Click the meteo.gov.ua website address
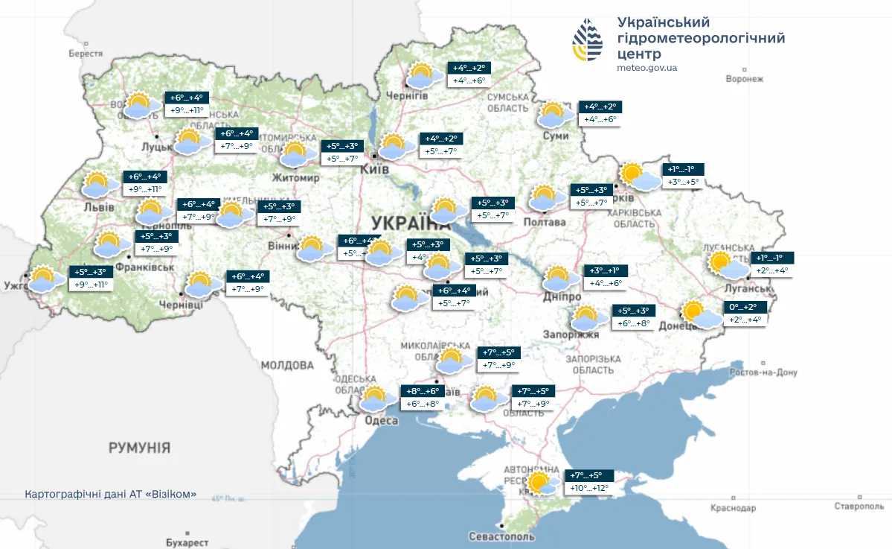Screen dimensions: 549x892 click(x=646, y=68)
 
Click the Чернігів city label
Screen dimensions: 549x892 click(x=406, y=96)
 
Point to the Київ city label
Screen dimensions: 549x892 click(x=374, y=170)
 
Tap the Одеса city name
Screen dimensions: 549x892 click(x=381, y=421)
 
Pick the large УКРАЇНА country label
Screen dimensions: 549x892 click(x=411, y=223)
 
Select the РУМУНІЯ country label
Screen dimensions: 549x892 click(x=139, y=448)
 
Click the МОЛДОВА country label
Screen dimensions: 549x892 click(x=287, y=365)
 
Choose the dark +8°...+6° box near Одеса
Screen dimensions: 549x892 click(x=423, y=391)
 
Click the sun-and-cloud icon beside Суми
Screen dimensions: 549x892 click(x=555, y=115)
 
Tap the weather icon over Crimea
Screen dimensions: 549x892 click(x=542, y=483)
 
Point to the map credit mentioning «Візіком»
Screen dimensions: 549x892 click(x=111, y=495)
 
